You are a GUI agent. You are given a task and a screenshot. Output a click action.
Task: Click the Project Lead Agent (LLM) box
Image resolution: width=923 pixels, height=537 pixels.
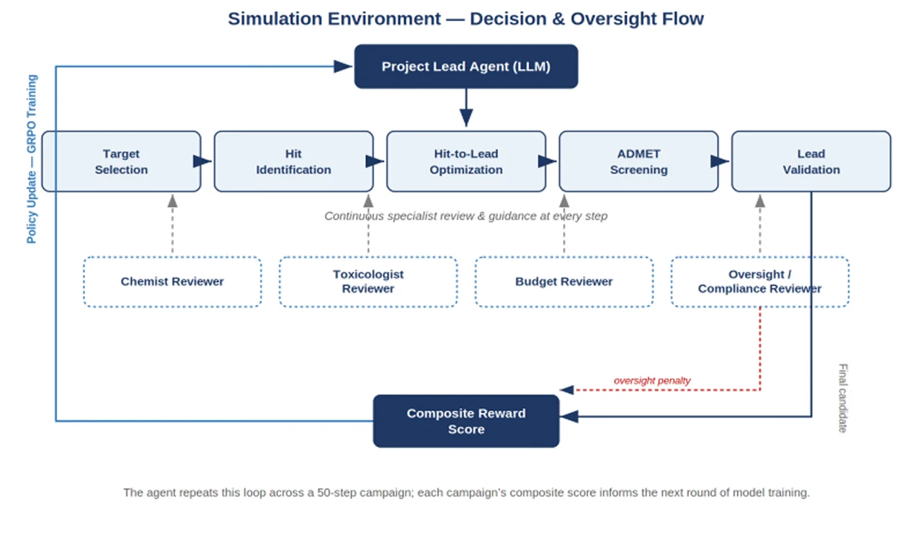pos(466,66)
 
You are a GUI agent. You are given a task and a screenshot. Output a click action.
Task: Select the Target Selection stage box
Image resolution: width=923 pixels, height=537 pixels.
pos(121,161)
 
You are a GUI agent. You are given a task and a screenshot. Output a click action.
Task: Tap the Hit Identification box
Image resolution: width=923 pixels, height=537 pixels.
pos(293,161)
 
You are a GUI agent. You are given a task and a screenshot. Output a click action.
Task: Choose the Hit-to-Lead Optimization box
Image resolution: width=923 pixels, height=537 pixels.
pos(466,161)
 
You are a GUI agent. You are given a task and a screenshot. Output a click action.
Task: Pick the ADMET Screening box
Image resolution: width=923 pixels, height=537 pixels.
pos(638,161)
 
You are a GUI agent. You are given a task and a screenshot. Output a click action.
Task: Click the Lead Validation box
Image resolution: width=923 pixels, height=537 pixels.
pos(811,161)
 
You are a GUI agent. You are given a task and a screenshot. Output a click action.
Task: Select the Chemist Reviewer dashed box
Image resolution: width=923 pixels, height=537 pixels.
pos(172,282)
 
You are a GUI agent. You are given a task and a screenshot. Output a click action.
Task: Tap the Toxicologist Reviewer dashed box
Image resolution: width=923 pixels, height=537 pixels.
pos(368,282)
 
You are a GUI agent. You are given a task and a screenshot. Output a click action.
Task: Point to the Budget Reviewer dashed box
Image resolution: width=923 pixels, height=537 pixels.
pos(563,282)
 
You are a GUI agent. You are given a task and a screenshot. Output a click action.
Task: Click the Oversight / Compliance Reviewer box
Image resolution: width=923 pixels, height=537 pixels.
pos(760,282)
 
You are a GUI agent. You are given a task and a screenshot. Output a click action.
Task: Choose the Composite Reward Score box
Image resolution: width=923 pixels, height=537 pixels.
pos(466,421)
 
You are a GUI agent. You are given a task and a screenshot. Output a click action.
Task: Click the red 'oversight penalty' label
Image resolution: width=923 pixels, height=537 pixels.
pos(652,381)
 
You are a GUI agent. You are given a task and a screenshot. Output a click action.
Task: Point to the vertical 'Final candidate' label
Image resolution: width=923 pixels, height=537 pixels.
pos(843,398)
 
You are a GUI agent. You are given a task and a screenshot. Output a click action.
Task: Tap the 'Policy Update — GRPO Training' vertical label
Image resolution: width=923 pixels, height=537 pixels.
pos(32,159)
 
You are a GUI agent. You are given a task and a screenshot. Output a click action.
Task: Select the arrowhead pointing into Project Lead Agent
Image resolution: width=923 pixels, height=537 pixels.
pos(343,66)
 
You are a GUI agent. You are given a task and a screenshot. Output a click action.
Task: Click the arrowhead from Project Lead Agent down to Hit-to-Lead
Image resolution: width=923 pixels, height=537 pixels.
pos(466,118)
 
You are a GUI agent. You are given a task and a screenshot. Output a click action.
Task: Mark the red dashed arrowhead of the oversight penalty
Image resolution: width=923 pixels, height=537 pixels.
pos(566,390)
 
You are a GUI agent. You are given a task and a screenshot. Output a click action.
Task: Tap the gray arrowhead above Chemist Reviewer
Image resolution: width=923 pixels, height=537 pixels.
pos(172,201)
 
